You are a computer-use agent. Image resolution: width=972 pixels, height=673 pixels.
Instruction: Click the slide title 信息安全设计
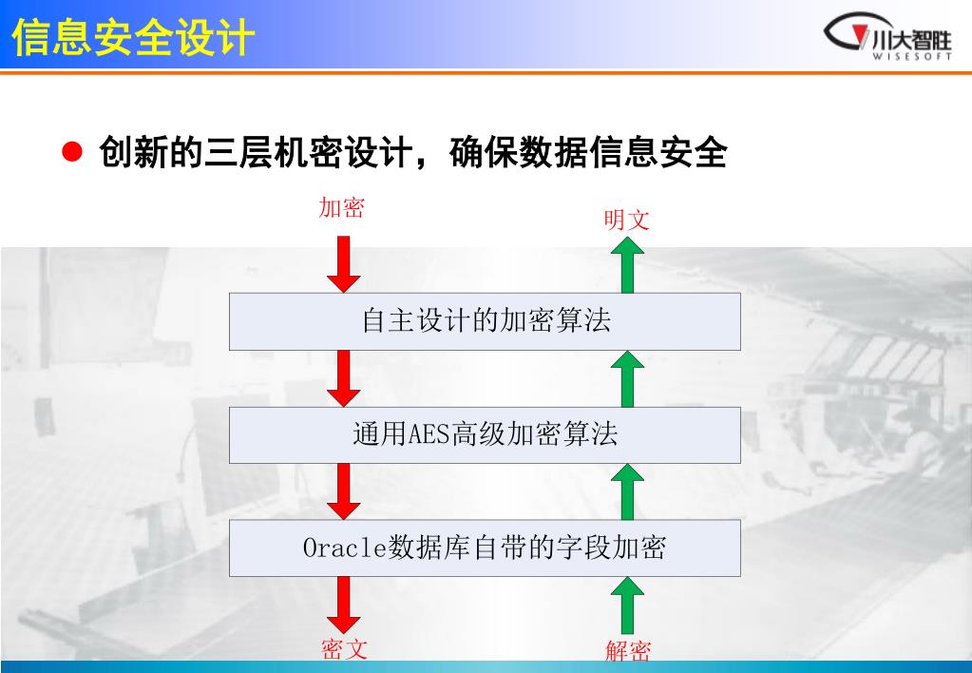pos(134,39)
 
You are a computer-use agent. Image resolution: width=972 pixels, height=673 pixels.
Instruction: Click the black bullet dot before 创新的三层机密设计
pos(71,151)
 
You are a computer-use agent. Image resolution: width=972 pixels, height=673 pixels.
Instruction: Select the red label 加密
pos(341,208)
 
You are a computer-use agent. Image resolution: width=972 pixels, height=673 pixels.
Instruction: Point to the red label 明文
pos(627,221)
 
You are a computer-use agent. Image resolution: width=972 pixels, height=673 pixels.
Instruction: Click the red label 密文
pos(343,649)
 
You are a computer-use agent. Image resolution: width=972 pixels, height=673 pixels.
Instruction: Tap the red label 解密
pos(628,651)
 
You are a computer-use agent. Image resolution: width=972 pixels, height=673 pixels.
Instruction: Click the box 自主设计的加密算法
pos(485,321)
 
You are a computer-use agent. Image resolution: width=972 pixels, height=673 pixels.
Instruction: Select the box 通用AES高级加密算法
pos(485,434)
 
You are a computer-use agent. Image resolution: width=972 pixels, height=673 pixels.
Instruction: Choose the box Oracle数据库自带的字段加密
pos(485,548)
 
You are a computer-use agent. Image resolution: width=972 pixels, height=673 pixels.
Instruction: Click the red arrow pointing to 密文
pos(343,606)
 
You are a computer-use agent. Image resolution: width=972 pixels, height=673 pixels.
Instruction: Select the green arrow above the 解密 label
pos(627,606)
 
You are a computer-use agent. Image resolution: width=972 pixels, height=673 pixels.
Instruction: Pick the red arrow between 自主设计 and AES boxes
pos(343,377)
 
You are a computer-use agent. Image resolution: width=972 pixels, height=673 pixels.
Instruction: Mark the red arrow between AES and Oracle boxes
pos(343,490)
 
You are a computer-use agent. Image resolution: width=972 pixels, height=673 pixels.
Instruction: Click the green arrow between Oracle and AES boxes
pos(627,491)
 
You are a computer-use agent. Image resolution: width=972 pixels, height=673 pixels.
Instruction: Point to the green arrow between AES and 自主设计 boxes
pos(627,378)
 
